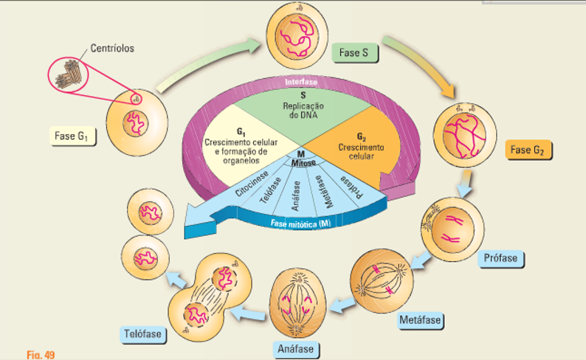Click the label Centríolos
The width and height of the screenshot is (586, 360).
(x=113, y=49)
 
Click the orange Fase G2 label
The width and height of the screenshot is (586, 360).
(x=528, y=151)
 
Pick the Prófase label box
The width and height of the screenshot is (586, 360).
(x=502, y=259)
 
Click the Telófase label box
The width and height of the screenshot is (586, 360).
(x=142, y=334)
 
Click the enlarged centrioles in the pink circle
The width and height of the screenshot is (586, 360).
(x=69, y=74)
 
